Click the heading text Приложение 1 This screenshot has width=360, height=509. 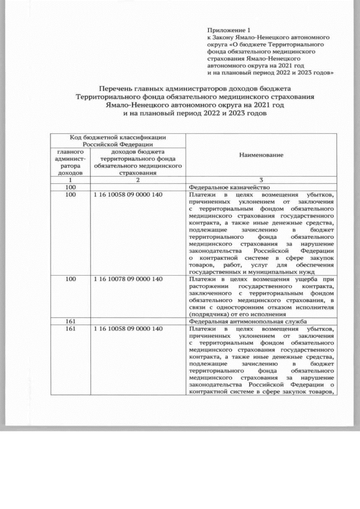(x=227, y=28)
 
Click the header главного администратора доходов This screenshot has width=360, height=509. (x=70, y=162)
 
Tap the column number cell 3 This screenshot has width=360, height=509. (x=261, y=180)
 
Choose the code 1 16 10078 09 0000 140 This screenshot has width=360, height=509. (x=129, y=278)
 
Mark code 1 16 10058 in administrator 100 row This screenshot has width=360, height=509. (x=129, y=195)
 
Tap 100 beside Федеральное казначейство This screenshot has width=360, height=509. (x=71, y=187)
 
